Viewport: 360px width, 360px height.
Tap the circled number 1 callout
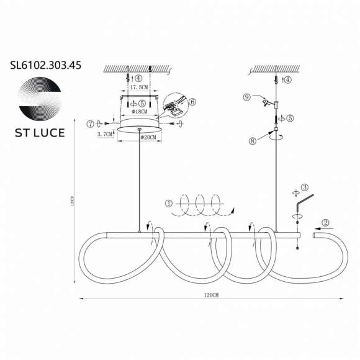(x=168, y=202)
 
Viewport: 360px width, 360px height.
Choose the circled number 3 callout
(x=305, y=187)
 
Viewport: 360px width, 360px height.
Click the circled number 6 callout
(x=192, y=101)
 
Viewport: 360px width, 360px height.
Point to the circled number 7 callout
(x=91, y=124)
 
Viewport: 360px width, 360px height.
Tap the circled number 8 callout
(x=253, y=141)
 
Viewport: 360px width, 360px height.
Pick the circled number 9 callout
(x=246, y=97)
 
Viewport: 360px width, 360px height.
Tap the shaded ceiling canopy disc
(x=140, y=128)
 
